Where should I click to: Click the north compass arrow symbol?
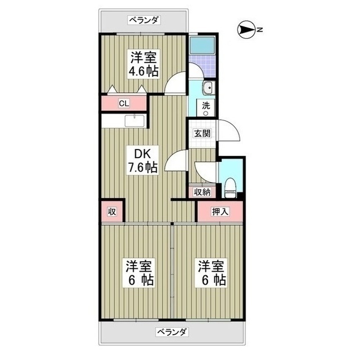click(x=248, y=30)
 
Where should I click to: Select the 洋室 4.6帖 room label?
click(x=145, y=64)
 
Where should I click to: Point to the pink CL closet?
click(x=124, y=103)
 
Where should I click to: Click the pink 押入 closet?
click(x=220, y=211)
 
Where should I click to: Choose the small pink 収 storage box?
click(x=112, y=211)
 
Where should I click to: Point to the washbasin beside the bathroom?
click(x=206, y=87)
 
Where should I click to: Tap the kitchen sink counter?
click(x=135, y=121)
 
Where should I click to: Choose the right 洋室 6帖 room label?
click(x=211, y=273)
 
